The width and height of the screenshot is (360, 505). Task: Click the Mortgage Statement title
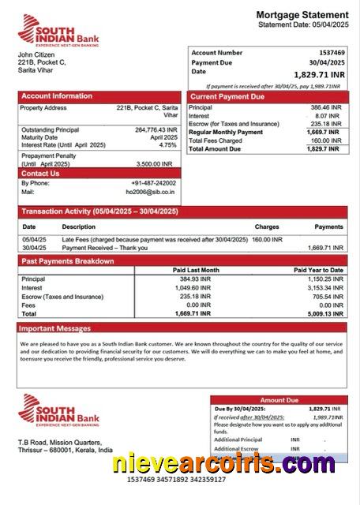click(302, 15)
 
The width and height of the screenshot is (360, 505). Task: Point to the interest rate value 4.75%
click(167, 145)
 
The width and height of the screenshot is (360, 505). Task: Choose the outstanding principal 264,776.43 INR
click(156, 129)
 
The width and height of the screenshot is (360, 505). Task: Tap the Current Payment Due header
click(227, 96)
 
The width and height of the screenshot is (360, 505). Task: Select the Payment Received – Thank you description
click(105, 247)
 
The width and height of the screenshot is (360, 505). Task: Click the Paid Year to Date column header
click(318, 271)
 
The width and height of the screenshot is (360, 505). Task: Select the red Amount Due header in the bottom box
click(279, 400)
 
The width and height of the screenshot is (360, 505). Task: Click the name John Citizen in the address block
click(36, 54)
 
